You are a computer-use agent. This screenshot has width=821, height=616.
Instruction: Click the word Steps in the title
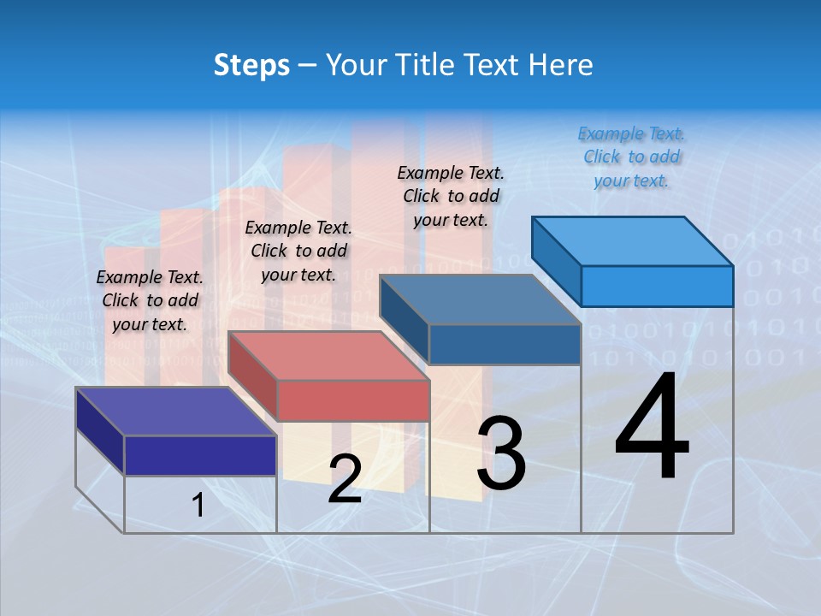[x=251, y=65]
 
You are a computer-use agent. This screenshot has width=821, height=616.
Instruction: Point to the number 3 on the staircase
[x=501, y=453]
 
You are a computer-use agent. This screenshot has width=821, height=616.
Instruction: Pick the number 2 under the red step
[x=345, y=479]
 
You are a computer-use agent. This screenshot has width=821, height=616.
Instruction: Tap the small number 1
[x=198, y=505]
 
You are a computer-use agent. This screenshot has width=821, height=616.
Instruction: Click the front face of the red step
[x=353, y=400]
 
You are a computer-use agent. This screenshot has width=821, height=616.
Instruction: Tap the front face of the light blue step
[x=657, y=286]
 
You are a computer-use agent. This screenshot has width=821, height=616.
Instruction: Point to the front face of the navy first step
[x=200, y=455]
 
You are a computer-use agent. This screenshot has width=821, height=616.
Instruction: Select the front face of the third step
[x=505, y=344]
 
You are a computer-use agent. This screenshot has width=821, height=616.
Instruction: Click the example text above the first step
[x=150, y=300]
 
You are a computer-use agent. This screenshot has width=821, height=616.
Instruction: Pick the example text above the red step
[x=298, y=251]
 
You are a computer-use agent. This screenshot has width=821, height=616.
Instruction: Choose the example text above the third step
[x=451, y=196]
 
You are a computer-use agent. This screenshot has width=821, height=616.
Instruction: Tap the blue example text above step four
[x=631, y=157]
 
